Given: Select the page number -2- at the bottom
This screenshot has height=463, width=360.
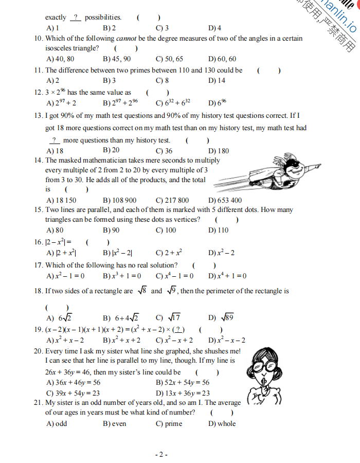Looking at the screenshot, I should (161, 454).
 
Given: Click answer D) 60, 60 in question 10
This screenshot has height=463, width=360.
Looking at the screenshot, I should (223, 59).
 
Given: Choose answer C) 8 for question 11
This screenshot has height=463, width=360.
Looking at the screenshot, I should (163, 81).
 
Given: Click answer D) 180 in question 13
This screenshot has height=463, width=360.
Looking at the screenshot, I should (219, 151).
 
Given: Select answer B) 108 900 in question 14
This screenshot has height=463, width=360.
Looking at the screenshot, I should (120, 200).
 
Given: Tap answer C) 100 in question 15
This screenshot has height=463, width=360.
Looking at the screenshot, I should (166, 230).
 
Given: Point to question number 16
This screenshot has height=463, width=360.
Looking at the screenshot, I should (38, 242).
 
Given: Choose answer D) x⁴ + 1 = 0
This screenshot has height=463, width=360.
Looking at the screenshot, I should (227, 276).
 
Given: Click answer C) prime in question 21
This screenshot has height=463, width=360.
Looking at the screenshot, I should (169, 424).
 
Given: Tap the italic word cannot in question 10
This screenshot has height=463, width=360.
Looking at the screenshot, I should (126, 39).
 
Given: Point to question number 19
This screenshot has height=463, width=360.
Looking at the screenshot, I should (38, 330).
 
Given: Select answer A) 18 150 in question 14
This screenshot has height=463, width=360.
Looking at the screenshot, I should (61, 200).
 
